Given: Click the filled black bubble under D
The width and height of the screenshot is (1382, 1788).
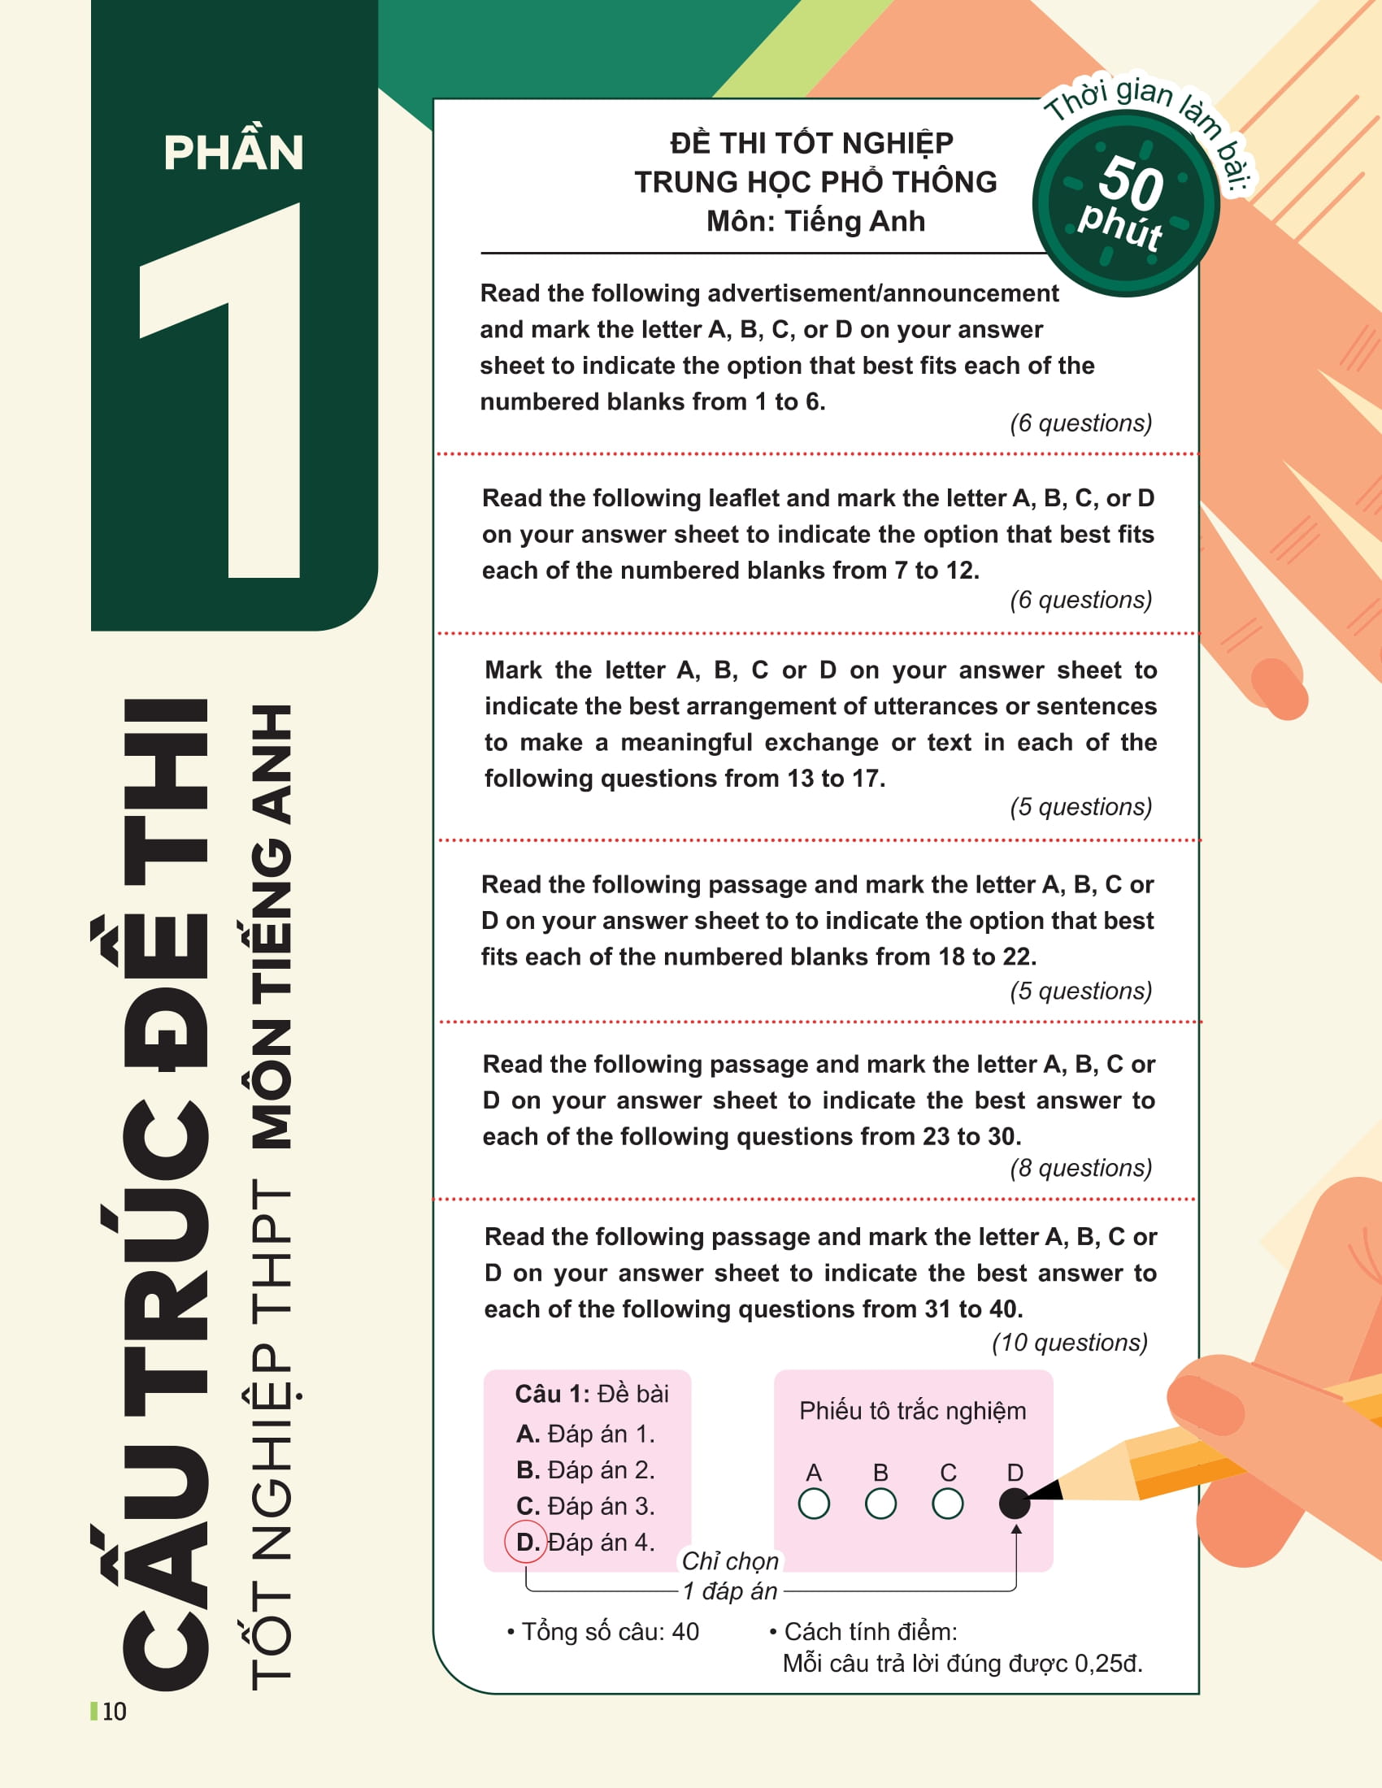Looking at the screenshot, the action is coord(1015,1503).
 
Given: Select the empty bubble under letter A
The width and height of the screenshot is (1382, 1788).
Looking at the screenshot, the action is coord(814,1503).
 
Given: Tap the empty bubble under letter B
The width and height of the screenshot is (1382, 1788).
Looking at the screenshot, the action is coord(880,1503).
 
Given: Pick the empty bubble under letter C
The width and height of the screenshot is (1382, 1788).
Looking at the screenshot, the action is coord(947,1503).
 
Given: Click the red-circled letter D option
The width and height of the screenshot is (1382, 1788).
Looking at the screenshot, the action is coord(526,1543).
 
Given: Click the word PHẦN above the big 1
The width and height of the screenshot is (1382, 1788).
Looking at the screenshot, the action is coord(233,152).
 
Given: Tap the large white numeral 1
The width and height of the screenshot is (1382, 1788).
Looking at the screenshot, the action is coord(220,390).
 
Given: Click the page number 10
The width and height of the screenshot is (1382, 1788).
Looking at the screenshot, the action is coord(115,1711).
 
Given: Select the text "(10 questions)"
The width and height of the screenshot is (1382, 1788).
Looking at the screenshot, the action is coord(1069,1343).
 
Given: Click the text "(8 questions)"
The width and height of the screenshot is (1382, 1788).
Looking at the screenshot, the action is coord(1080,1167).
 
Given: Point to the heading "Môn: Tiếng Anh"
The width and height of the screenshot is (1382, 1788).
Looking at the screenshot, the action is coord(815,221).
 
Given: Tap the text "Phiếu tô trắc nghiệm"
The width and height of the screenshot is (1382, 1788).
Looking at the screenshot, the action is coord(912,1411).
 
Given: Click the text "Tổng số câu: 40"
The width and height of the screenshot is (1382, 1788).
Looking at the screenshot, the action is coord(610,1632).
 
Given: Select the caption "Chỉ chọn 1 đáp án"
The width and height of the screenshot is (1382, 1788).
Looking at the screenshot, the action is coord(730,1576).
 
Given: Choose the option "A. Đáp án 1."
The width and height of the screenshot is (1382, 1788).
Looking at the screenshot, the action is coord(585,1434).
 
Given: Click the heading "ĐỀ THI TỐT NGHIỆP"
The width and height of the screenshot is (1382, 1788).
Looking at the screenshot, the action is coord(811,142).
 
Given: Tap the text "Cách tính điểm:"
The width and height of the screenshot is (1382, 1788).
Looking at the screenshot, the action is coord(871,1632).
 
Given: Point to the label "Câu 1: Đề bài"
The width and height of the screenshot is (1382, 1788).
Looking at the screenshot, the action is coord(591,1393).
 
